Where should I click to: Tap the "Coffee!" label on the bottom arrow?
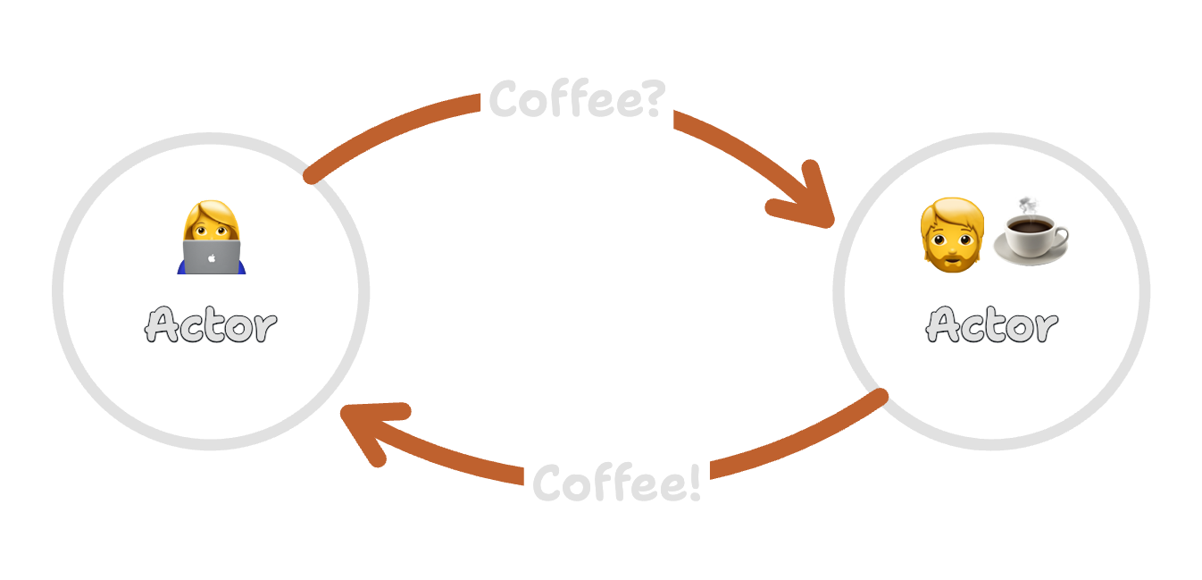click(x=616, y=483)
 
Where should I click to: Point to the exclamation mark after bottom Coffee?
click(x=694, y=483)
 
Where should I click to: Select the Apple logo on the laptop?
click(x=212, y=257)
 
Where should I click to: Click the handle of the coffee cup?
click(x=1061, y=237)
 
